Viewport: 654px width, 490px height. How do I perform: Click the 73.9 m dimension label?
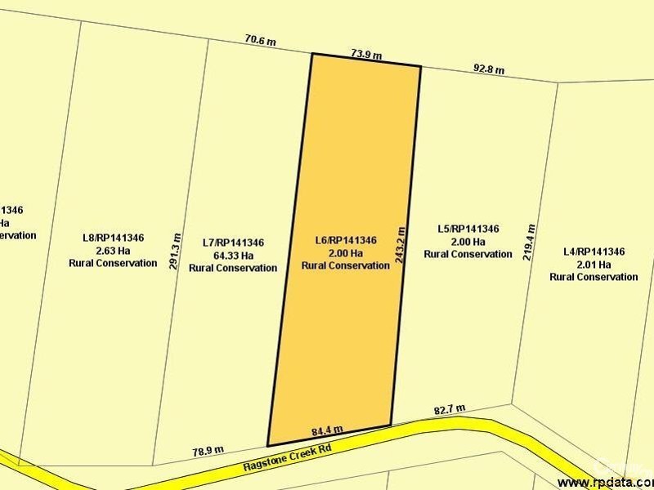[x=366, y=56]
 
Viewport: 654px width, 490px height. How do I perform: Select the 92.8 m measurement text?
[x=489, y=69]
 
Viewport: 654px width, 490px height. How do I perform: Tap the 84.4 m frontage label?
[x=327, y=430]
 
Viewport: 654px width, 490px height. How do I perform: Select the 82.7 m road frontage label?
[x=449, y=408]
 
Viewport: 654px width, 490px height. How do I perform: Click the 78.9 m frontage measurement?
[x=208, y=449]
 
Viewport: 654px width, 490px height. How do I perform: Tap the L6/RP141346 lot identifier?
[x=345, y=240]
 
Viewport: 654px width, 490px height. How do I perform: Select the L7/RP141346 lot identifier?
[x=233, y=243]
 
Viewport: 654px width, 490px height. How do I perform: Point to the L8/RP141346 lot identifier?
[x=113, y=238]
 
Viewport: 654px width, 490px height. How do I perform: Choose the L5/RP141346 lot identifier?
[x=468, y=229]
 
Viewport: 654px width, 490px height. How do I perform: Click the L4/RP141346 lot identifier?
[x=594, y=252]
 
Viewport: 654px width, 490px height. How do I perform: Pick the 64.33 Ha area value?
[x=233, y=255]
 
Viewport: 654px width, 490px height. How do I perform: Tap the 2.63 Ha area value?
[x=113, y=250]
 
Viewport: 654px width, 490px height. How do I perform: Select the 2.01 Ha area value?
[x=594, y=264]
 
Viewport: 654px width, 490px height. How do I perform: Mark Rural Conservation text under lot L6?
[x=345, y=265]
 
